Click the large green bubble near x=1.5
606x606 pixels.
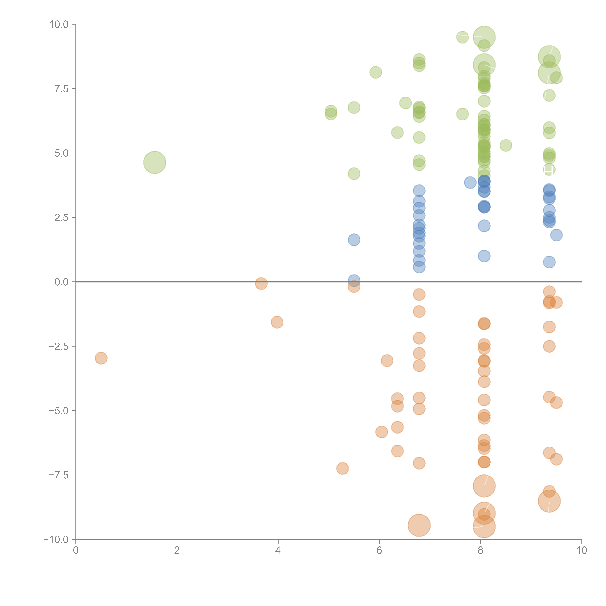[155, 163]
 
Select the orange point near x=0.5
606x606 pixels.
[101, 358]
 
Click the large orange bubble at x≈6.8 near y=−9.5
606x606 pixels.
[419, 525]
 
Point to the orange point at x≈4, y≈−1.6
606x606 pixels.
[277, 322]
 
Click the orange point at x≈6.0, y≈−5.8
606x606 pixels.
[381, 432]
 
